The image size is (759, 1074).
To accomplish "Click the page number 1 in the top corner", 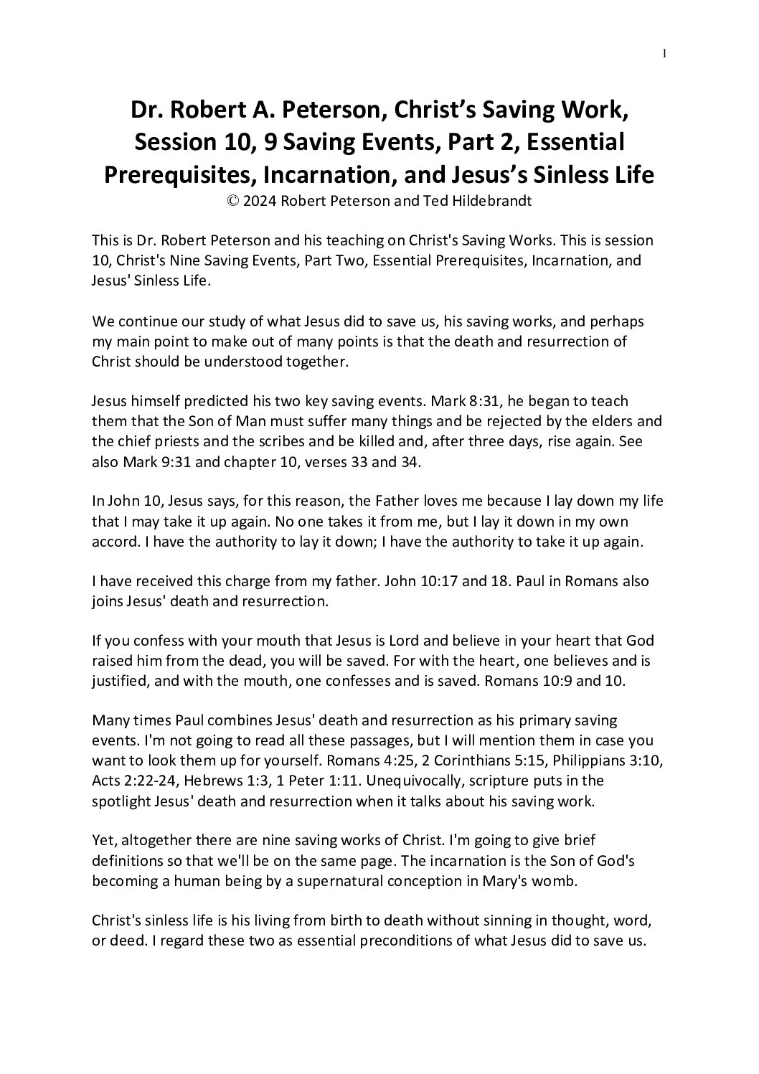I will [665, 53].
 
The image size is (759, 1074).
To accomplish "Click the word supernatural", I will [328, 881].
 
